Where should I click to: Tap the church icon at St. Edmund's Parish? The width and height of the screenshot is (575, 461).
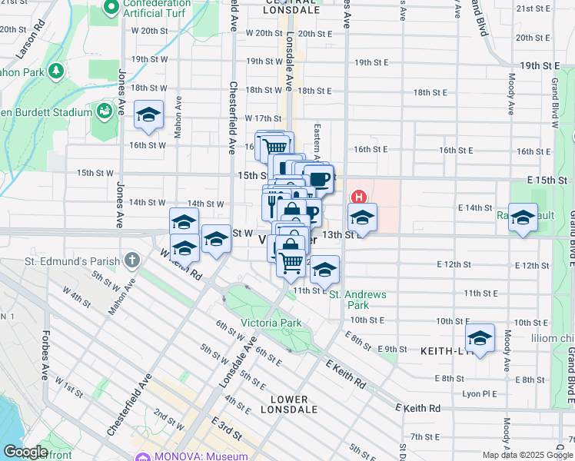(132, 260)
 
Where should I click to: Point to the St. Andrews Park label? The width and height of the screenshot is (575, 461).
(357, 300)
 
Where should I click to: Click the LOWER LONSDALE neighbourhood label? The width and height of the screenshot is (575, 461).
(289, 404)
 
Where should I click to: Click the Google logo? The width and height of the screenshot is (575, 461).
(25, 451)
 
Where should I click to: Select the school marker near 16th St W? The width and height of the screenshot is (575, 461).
(148, 115)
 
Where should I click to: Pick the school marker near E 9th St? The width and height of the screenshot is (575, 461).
(480, 339)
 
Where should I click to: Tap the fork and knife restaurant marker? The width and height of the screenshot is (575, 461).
(272, 204)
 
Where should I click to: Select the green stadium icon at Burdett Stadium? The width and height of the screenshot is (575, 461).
(104, 111)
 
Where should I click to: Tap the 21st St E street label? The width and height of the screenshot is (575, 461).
(533, 8)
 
